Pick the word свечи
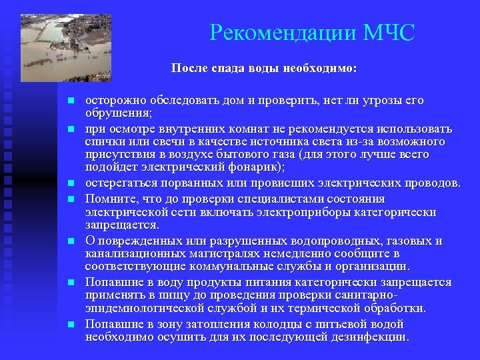point(167,141)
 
